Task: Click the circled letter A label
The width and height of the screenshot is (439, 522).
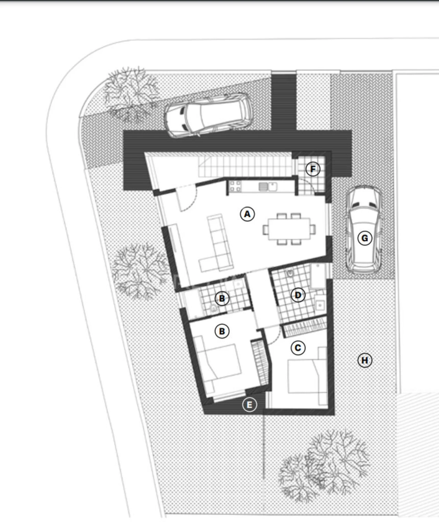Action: [x=247, y=214]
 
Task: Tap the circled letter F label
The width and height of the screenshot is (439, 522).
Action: [x=312, y=169]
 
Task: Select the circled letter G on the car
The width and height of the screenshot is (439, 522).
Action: [x=364, y=238]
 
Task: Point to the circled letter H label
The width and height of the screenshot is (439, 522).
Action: [x=364, y=360]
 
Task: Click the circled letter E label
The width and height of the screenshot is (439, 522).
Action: [x=249, y=405]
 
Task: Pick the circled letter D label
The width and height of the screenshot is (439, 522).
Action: [x=298, y=295]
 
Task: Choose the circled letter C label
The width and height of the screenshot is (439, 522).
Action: [x=298, y=348]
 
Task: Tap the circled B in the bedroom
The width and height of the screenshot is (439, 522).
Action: [x=222, y=331]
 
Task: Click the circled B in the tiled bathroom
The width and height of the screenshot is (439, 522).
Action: [x=222, y=298]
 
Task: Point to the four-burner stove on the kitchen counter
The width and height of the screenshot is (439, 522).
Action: [x=235, y=186]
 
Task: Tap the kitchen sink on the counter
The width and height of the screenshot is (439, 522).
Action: [x=268, y=187]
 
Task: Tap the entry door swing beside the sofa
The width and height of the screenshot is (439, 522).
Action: [x=187, y=199]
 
